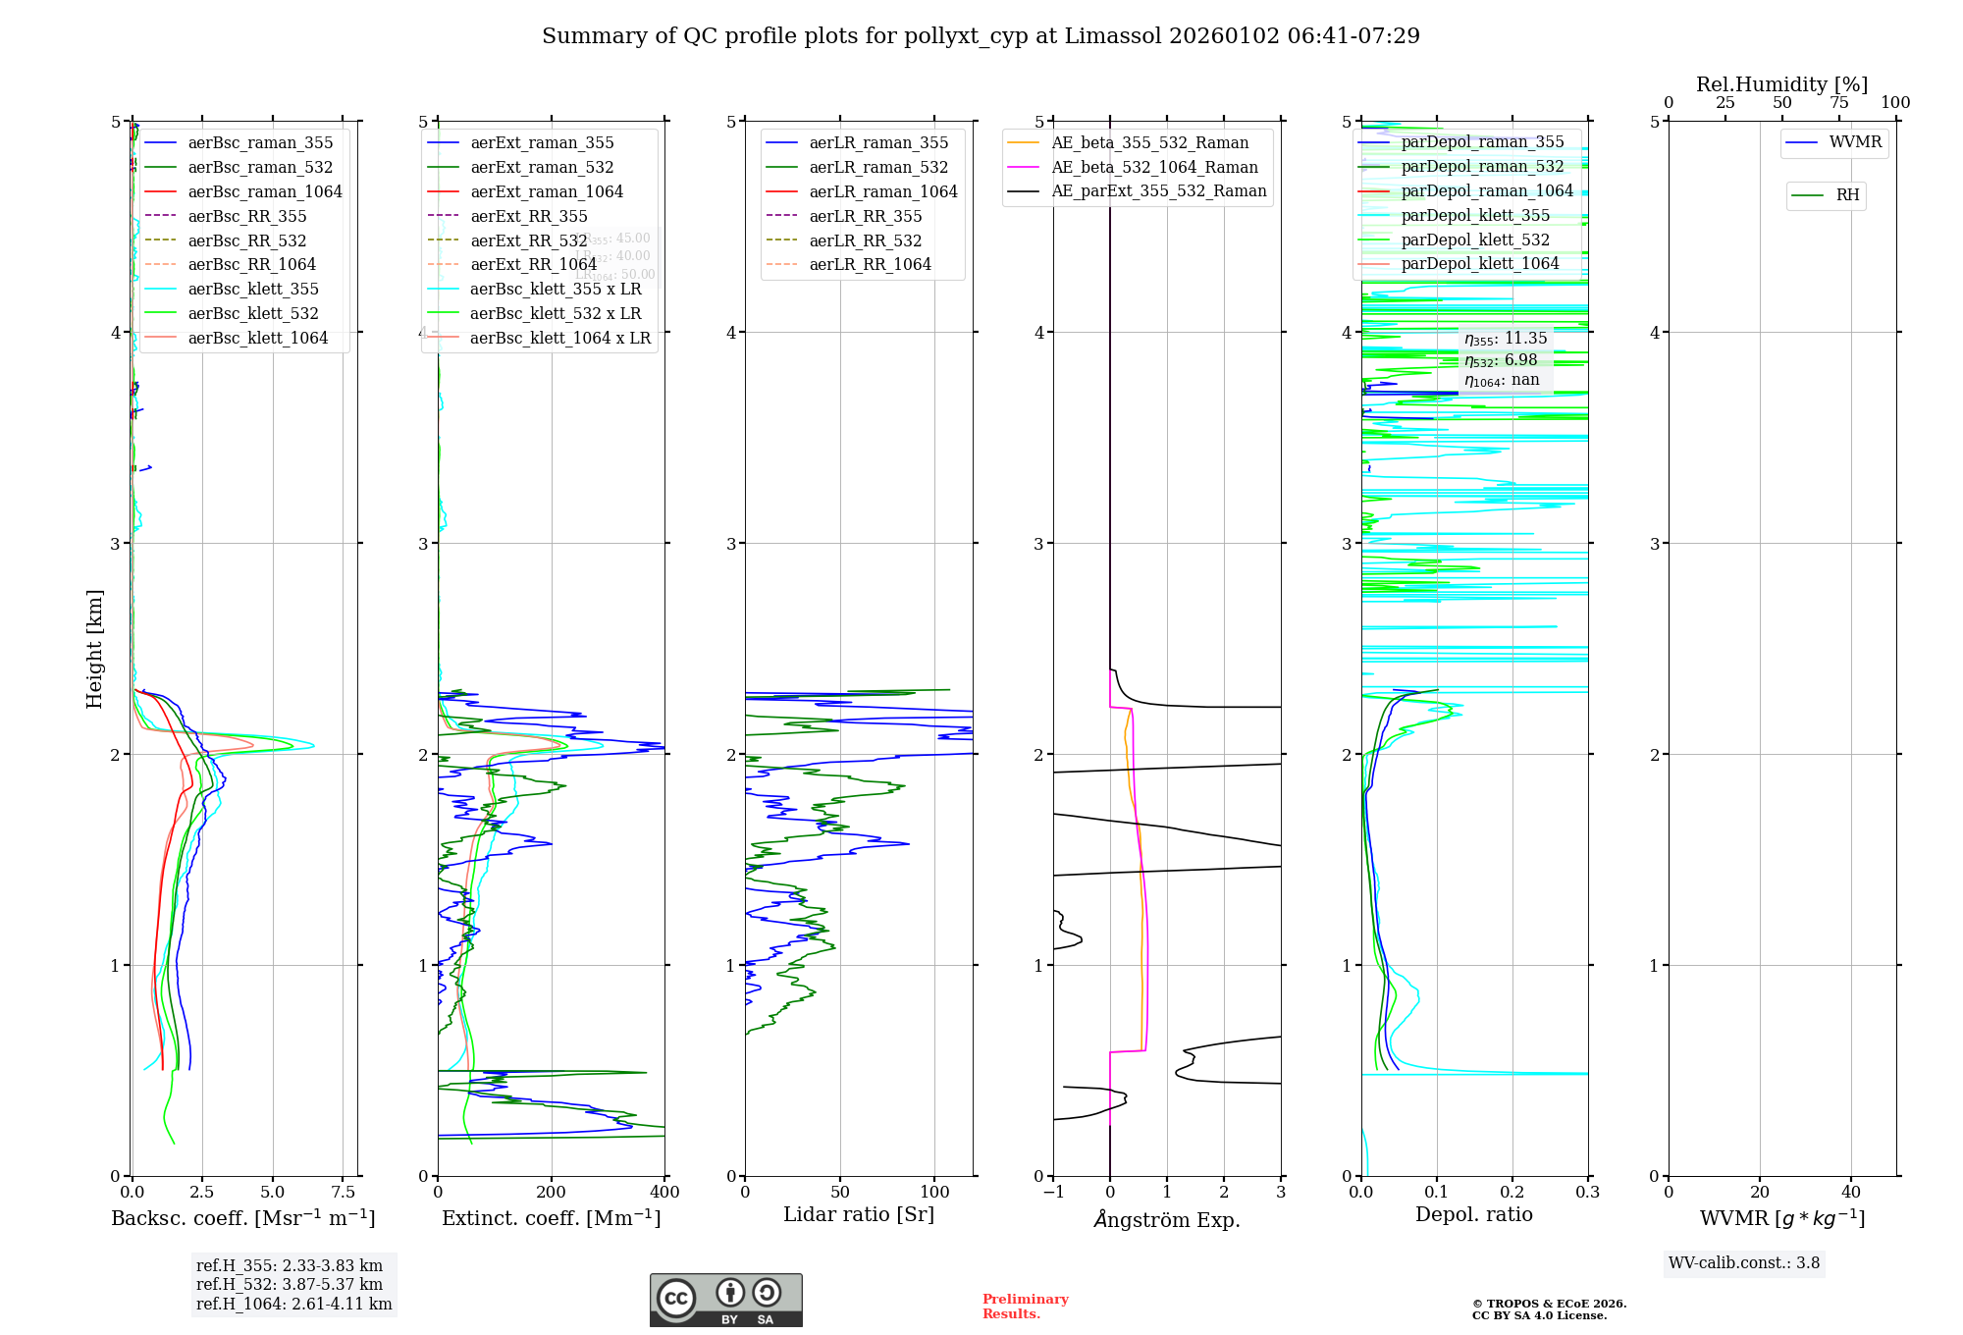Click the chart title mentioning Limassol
tap(981, 36)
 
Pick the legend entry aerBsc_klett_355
tap(253, 289)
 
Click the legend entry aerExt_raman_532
tap(542, 167)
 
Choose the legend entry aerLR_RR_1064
tap(870, 264)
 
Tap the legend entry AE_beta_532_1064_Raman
tap(1154, 167)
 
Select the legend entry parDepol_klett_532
tap(1475, 240)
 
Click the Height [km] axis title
tap(94, 649)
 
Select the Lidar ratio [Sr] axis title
tap(859, 1214)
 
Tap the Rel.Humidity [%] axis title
tap(1781, 84)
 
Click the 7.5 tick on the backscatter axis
tap(344, 1193)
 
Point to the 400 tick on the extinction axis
tap(664, 1193)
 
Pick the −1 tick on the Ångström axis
tap(1053, 1193)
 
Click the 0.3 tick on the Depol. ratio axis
tap(1587, 1193)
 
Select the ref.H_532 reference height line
tap(290, 1284)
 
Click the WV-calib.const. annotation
tap(1744, 1263)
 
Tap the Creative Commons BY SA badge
tap(725, 1301)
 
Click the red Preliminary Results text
tap(1025, 1307)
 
